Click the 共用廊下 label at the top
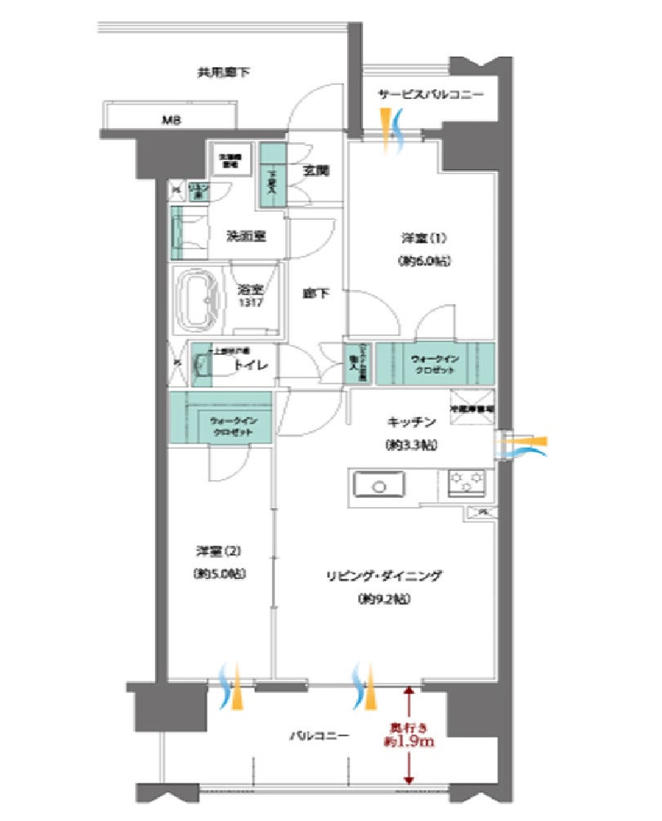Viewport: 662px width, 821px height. point(223,73)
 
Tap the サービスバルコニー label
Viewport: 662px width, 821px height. point(430,95)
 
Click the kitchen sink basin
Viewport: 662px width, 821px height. point(378,486)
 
